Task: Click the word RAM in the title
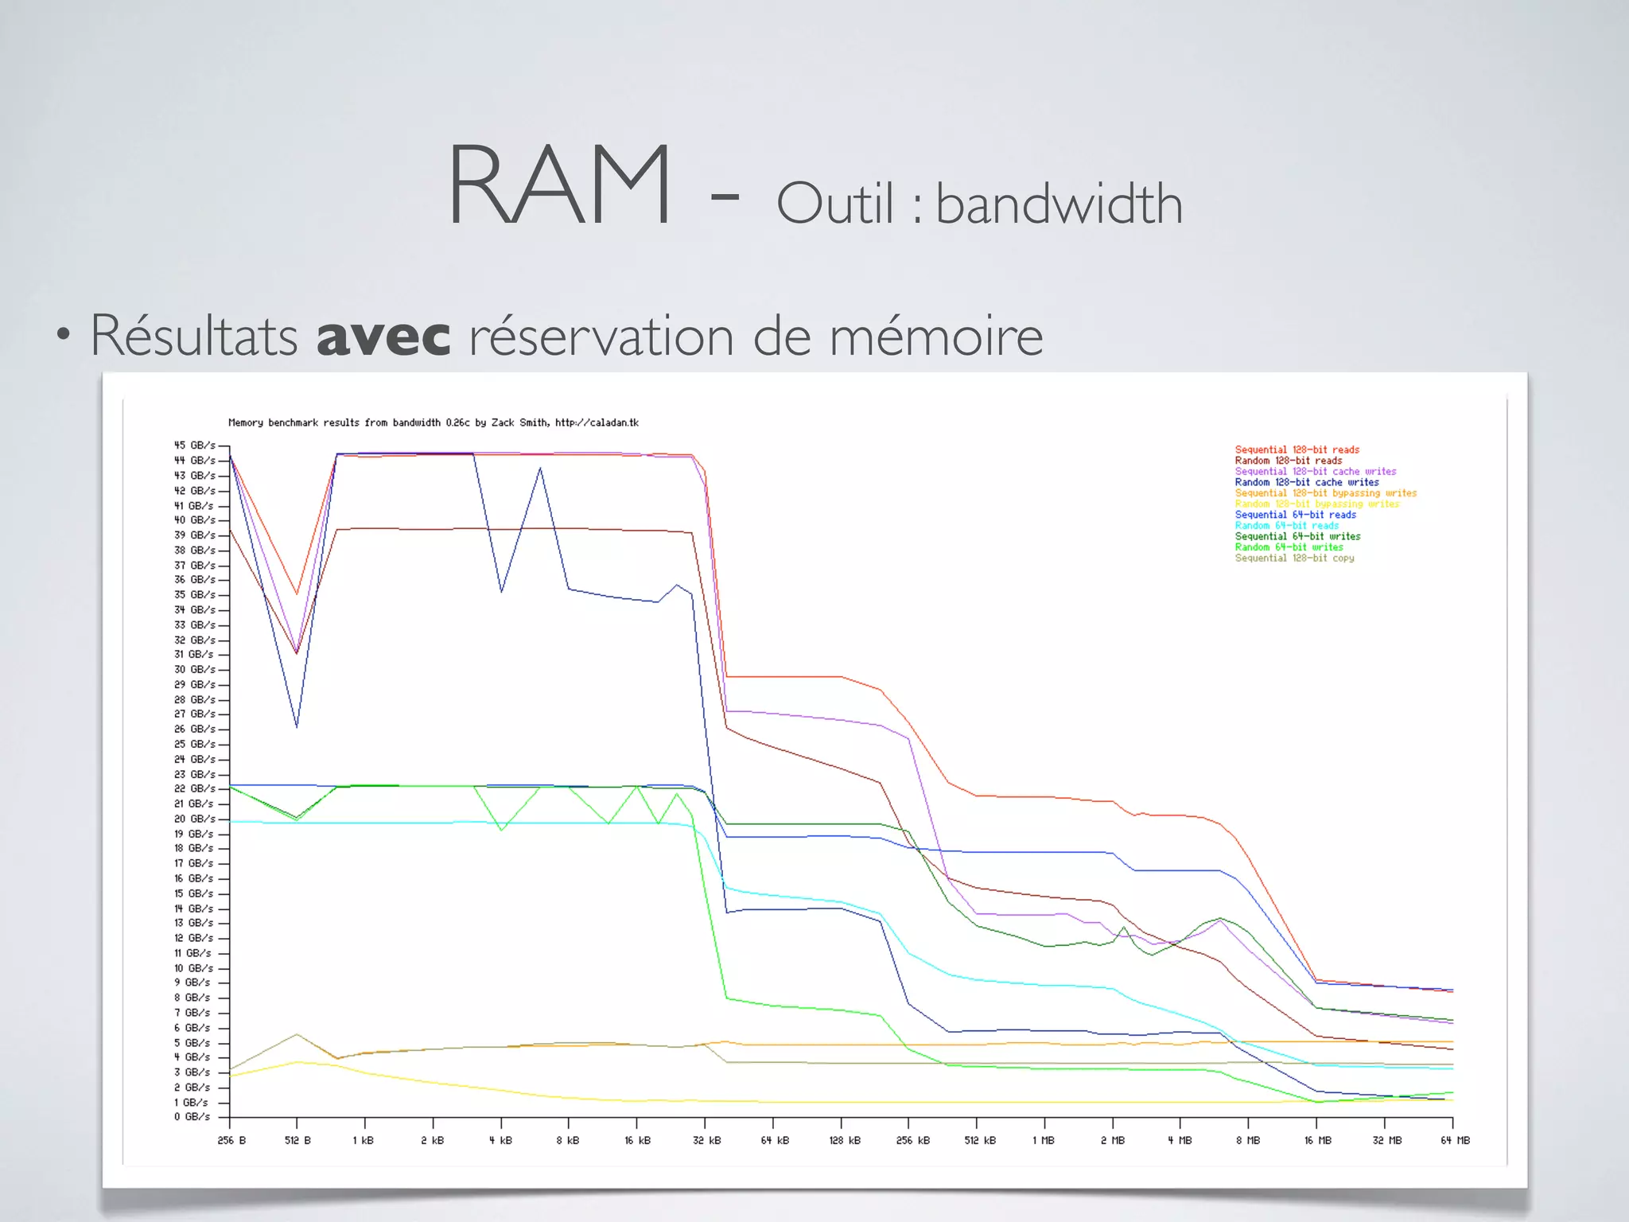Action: click(x=560, y=185)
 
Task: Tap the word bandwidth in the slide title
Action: click(x=1059, y=204)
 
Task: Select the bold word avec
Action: click(x=383, y=336)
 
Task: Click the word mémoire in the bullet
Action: click(x=935, y=336)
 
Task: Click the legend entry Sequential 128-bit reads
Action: click(x=1297, y=449)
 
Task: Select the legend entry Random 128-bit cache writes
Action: click(x=1306, y=482)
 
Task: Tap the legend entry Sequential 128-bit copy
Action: click(x=1294, y=558)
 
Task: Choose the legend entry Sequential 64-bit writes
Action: click(x=1297, y=536)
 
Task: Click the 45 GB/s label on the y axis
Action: click(x=194, y=446)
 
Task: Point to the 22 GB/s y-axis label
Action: click(x=194, y=788)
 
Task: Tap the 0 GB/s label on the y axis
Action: click(x=192, y=1117)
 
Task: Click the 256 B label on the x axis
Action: click(x=231, y=1140)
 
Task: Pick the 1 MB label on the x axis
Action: click(x=1043, y=1140)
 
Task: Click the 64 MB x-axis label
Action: click(x=1455, y=1140)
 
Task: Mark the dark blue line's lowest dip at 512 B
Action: click(x=297, y=726)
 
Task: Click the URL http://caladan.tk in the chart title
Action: click(x=597, y=422)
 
